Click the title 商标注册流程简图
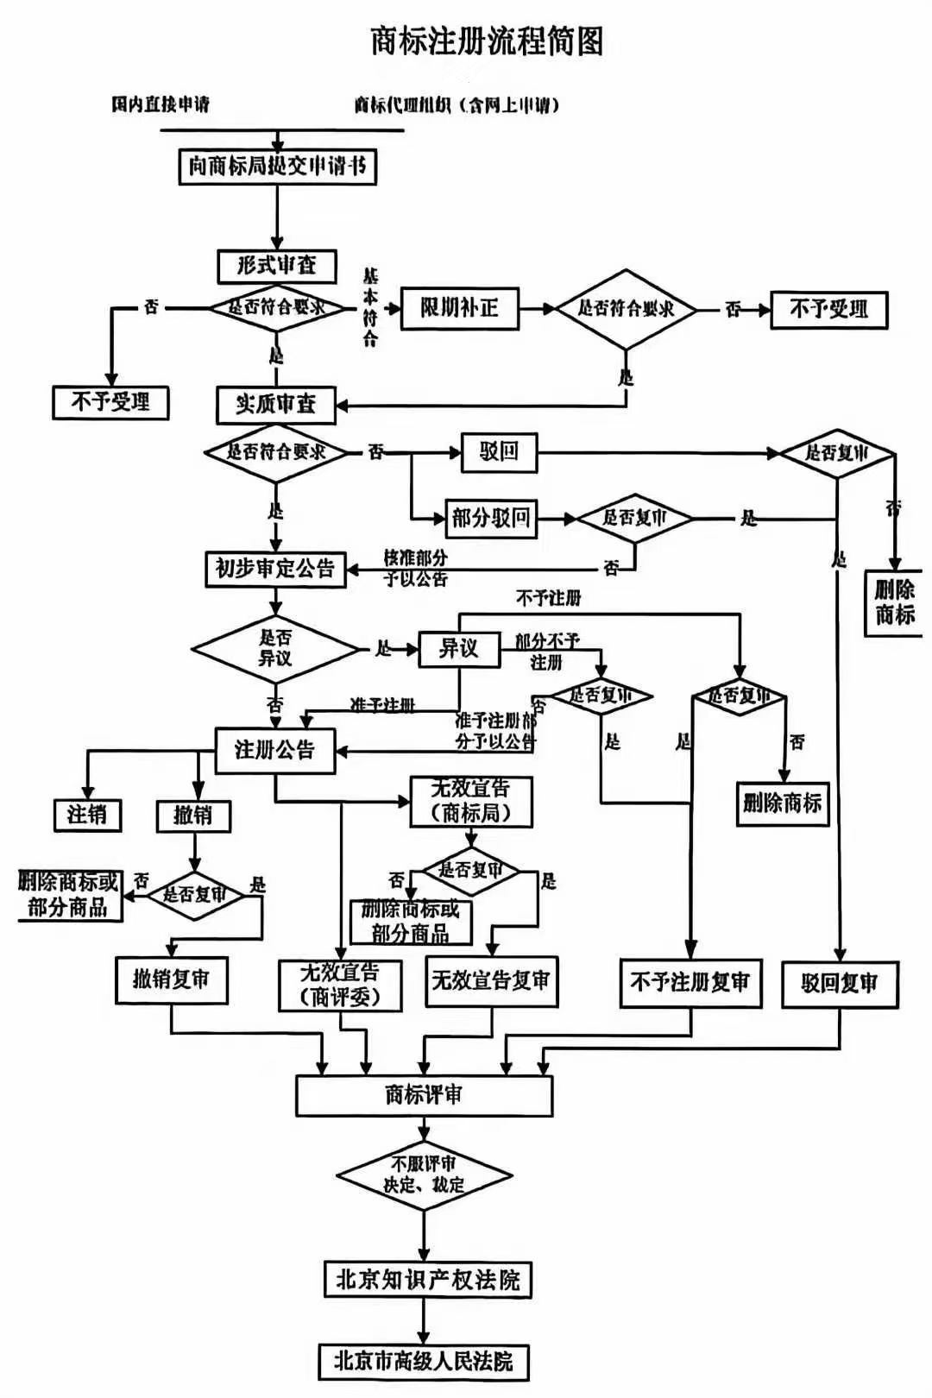click(487, 41)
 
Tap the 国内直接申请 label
click(161, 104)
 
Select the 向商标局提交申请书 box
click(277, 166)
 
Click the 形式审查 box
click(276, 266)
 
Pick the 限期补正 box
click(459, 308)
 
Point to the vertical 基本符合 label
click(370, 306)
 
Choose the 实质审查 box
click(276, 404)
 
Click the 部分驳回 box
click(490, 518)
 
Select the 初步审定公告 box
click(275, 569)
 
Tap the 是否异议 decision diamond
click(275, 648)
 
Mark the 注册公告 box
click(275, 749)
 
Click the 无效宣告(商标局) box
click(470, 802)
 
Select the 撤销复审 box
click(171, 979)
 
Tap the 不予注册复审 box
click(690, 983)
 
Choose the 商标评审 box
click(424, 1095)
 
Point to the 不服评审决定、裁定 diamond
click(424, 1174)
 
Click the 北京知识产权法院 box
click(427, 1279)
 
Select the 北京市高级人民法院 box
click(423, 1362)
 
